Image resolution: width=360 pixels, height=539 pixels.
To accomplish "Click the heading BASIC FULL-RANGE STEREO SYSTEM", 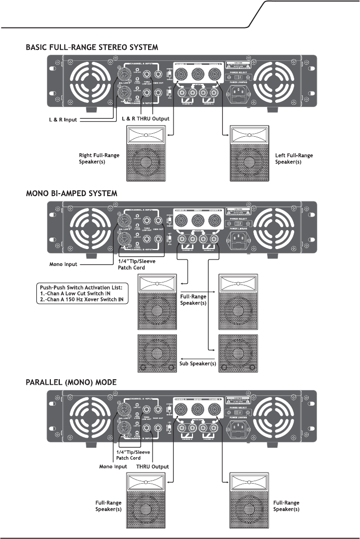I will (x=92, y=48).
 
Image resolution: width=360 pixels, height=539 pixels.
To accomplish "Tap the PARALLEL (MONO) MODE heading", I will (x=70, y=382).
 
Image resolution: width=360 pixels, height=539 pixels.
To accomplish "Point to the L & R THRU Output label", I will (x=145, y=120).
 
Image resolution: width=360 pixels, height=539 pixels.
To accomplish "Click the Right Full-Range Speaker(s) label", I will (x=99, y=159).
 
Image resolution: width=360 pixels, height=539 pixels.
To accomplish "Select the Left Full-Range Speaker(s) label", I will (x=294, y=159).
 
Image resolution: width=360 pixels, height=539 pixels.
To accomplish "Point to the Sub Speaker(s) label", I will (x=198, y=363).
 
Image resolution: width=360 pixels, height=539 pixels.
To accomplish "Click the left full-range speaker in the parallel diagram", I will (x=147, y=500).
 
